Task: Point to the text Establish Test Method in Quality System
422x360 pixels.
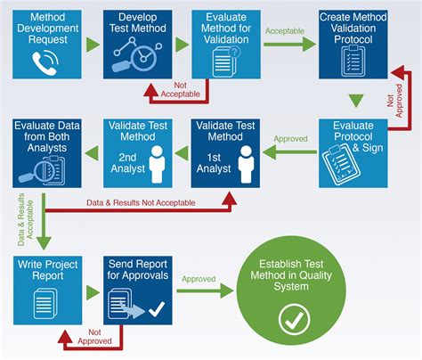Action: [x=294, y=274]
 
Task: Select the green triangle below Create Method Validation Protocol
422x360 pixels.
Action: [x=355, y=101]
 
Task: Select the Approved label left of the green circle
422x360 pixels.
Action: [x=199, y=279]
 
